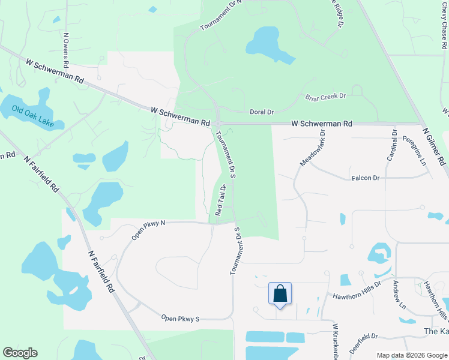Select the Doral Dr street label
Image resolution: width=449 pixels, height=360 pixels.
[x=262, y=112]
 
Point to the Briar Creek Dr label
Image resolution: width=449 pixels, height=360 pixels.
[x=326, y=96]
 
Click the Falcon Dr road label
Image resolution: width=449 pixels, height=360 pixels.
[x=366, y=178]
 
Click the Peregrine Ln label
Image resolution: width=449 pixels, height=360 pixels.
[x=414, y=151]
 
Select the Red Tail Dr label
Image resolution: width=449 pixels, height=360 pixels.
[x=220, y=200]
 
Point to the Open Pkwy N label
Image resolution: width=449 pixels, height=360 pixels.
[x=148, y=230]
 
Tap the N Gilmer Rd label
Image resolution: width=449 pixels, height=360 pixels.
[x=435, y=146]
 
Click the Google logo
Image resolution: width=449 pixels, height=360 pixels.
[x=20, y=353]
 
